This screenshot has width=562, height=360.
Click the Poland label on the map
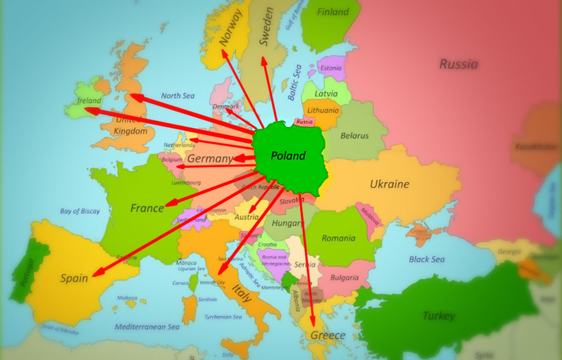click(x=289, y=155)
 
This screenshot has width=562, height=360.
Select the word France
click(x=147, y=208)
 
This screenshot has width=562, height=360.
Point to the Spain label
click(x=74, y=278)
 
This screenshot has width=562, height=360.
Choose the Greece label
click(x=327, y=335)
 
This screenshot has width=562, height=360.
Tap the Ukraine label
click(x=389, y=184)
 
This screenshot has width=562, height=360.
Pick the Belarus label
click(x=355, y=135)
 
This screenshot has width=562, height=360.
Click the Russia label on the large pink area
click(x=458, y=65)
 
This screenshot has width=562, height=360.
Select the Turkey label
click(x=438, y=316)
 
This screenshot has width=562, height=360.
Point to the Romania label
click(x=339, y=238)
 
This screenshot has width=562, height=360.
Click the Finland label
click(x=333, y=12)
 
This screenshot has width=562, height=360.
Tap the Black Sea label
click(x=427, y=259)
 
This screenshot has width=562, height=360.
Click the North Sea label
click(x=177, y=96)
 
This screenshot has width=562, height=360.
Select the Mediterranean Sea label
click(x=148, y=327)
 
